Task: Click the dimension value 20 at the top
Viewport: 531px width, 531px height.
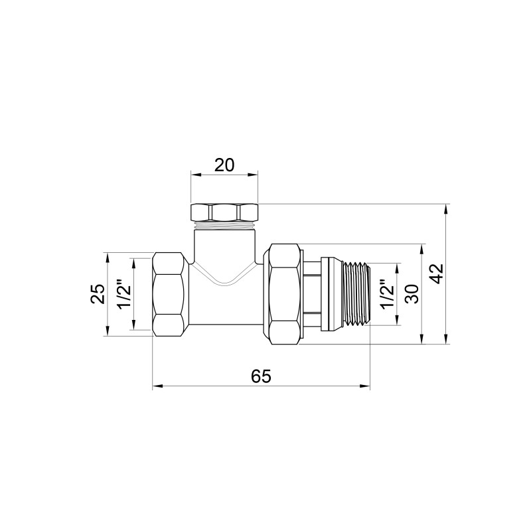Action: [x=224, y=165]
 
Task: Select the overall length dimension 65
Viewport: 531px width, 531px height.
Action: [x=261, y=376]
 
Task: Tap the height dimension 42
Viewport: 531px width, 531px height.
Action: [x=436, y=273]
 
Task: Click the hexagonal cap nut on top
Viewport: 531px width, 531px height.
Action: [x=224, y=213]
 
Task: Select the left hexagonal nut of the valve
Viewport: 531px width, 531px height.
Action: [x=169, y=293]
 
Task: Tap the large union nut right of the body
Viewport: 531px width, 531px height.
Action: [x=284, y=293]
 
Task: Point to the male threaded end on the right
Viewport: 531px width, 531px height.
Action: [x=355, y=293]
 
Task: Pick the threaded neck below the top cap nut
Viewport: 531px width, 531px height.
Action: [x=224, y=227]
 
